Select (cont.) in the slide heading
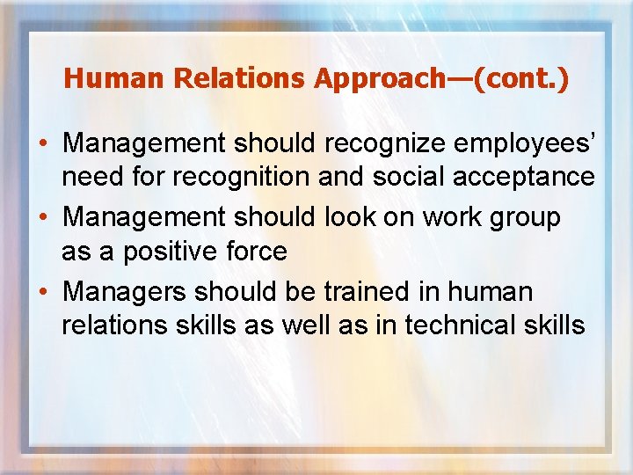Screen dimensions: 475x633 pyautogui.click(x=521, y=79)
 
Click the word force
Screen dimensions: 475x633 pyautogui.click(x=256, y=252)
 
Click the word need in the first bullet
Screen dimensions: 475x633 pyautogui.click(x=92, y=178)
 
